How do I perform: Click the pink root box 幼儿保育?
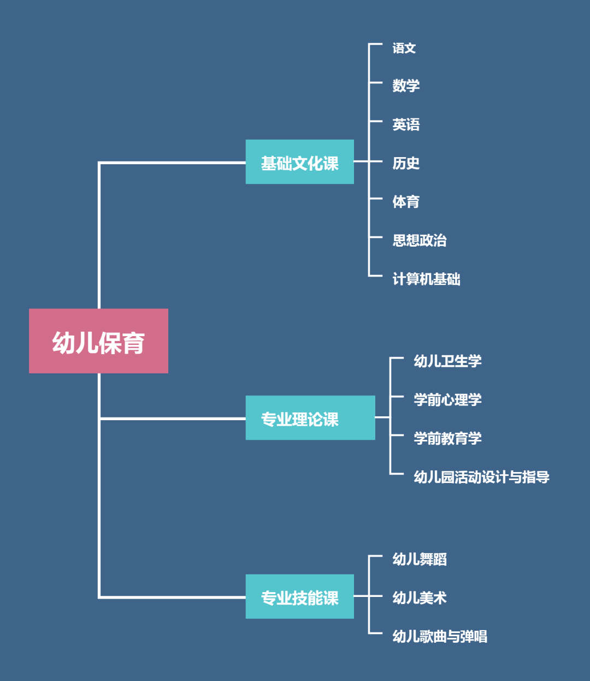tap(98, 341)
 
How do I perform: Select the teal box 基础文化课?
tap(299, 162)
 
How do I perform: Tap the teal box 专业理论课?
tap(310, 418)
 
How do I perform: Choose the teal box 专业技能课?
tap(299, 596)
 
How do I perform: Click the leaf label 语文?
tap(404, 49)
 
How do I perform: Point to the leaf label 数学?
tap(406, 86)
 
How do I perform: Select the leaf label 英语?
tap(406, 124)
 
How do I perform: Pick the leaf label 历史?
tap(406, 163)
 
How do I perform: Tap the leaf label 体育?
tap(406, 202)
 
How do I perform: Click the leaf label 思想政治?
tap(420, 241)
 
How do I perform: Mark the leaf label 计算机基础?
tap(426, 279)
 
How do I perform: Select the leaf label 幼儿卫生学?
tap(447, 361)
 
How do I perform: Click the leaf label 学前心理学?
tap(447, 400)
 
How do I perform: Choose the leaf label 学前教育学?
tap(447, 438)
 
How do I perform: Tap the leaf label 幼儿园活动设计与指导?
tap(481, 477)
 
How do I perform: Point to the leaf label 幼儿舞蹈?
tap(420, 559)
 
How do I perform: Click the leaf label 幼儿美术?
tap(420, 598)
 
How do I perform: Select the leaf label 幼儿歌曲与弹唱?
tap(440, 636)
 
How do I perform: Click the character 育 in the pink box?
tap(133, 343)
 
